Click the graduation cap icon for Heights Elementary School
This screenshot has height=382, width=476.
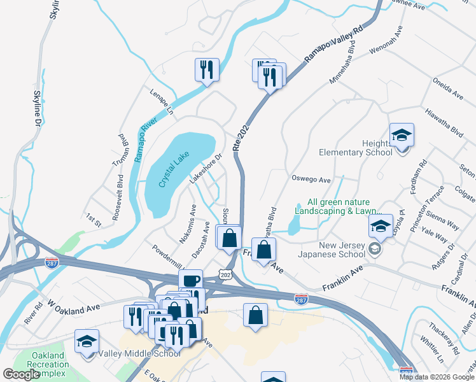(x=402, y=136)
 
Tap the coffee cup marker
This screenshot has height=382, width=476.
(x=190, y=281)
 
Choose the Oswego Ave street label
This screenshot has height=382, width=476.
(x=311, y=180)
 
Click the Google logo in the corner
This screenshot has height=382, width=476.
(x=22, y=374)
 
